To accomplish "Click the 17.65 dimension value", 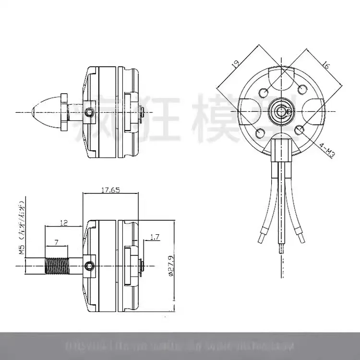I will [x=110, y=190].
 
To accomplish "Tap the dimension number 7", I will [x=57, y=243].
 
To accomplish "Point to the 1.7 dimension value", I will [x=155, y=237].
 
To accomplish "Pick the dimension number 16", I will [x=325, y=66].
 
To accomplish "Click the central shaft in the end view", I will [x=281, y=111].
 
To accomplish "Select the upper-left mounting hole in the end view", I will [x=264, y=92].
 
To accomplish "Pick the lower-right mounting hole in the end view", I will [x=299, y=130].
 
